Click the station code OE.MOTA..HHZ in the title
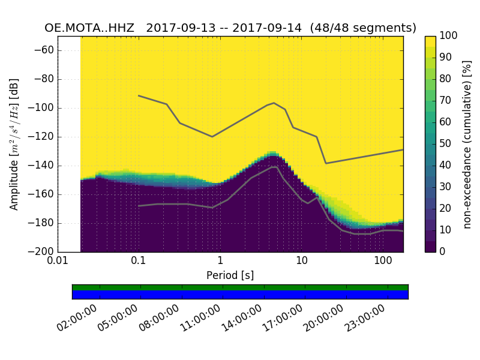click(x=89, y=28)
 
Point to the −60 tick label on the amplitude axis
click(x=43, y=50)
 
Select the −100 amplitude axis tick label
click(x=40, y=108)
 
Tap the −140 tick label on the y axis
click(x=40, y=166)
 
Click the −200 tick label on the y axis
click(x=40, y=251)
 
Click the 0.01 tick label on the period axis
click(x=58, y=262)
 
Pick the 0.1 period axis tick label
click(x=139, y=262)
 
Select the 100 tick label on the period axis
click(x=383, y=262)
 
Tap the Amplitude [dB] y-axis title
click(x=14, y=144)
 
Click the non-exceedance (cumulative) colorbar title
click(x=467, y=144)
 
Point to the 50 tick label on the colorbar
click(x=446, y=144)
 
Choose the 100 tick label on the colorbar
click(x=449, y=36)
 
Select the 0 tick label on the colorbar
click(x=443, y=251)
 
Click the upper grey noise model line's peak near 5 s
click(x=274, y=103)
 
